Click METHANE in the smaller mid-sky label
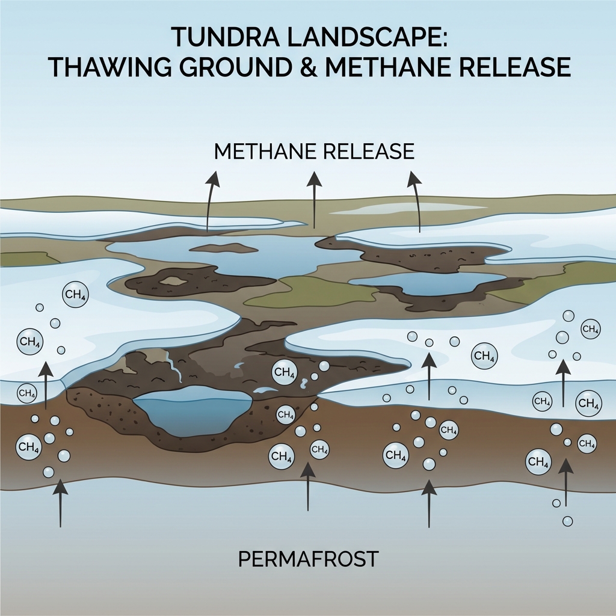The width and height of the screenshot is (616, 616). click(264, 151)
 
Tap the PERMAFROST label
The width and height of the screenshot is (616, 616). click(308, 559)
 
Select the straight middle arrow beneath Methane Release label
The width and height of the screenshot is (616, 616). click(313, 199)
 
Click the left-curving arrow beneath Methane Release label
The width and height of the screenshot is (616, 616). click(209, 202)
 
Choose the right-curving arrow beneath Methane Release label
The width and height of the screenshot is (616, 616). click(416, 202)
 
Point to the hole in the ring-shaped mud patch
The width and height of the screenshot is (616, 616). click(173, 280)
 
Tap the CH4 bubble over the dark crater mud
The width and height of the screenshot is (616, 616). click(284, 372)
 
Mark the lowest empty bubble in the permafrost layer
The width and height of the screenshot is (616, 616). click(567, 520)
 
